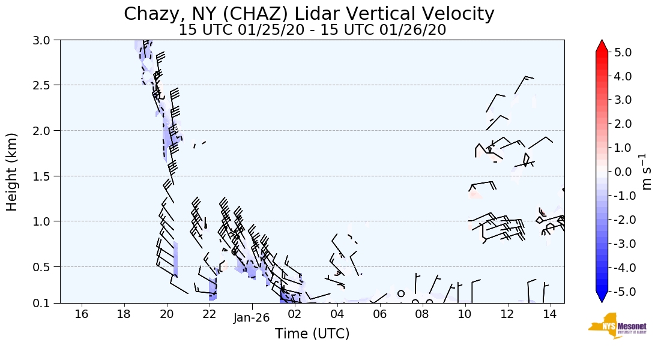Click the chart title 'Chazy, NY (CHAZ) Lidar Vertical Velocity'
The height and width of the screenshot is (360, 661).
click(x=309, y=14)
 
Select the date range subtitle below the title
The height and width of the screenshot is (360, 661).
click(x=312, y=30)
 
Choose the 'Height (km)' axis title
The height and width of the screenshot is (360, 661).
click(x=12, y=172)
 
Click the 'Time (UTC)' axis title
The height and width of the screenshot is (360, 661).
click(x=312, y=334)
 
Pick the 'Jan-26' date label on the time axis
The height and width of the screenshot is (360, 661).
click(x=252, y=319)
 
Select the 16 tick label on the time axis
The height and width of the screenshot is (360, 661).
click(x=82, y=314)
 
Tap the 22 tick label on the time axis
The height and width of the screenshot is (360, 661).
click(x=210, y=314)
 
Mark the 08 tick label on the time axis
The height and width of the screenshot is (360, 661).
click(x=422, y=314)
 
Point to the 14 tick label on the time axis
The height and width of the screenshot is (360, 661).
click(x=550, y=314)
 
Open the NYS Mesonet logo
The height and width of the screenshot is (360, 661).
click(x=613, y=326)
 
